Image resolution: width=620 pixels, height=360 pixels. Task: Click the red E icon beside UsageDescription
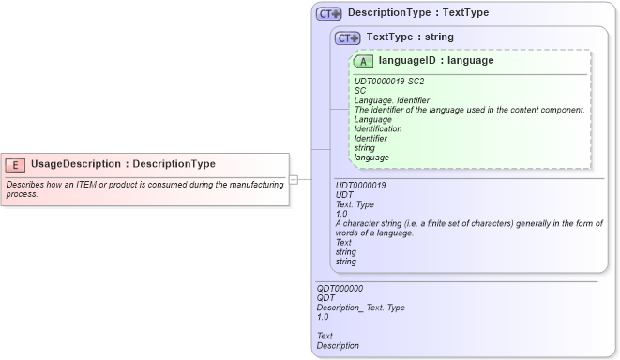15,164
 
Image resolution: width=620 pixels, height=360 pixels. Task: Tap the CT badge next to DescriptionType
328,14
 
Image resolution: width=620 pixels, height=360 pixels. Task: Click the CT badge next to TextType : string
348,37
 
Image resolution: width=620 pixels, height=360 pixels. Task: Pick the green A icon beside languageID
364,61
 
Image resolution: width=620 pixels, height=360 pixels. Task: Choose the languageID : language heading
435,61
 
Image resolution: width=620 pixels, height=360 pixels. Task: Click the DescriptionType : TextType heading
417,14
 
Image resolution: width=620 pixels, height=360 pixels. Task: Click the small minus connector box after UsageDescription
294,179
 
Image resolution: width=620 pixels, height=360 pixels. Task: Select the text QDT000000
340,289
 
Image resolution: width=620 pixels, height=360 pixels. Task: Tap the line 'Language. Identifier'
391,100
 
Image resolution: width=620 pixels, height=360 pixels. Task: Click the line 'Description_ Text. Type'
360,307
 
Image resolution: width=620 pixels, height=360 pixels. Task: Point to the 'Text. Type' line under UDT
354,204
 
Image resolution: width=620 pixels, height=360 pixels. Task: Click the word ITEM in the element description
101,185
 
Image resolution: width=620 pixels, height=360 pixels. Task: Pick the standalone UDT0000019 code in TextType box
360,186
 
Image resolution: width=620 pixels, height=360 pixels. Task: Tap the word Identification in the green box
378,128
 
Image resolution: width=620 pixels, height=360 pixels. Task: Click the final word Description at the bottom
338,345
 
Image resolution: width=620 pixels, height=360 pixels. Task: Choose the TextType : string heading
410,37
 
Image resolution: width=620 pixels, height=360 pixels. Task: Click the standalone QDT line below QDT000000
326,298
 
